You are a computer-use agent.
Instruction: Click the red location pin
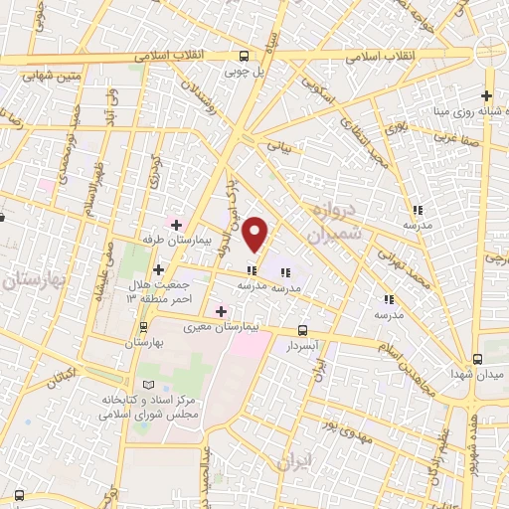pos(256,234)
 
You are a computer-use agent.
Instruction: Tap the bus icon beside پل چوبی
pos(245,57)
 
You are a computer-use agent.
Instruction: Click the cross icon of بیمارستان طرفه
pos(177,225)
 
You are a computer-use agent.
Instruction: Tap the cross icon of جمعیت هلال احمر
pos(159,269)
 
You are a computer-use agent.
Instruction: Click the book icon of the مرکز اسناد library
pos(149,384)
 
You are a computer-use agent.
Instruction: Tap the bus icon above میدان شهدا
pos(478,358)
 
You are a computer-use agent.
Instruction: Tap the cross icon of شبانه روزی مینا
pos(486,96)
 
